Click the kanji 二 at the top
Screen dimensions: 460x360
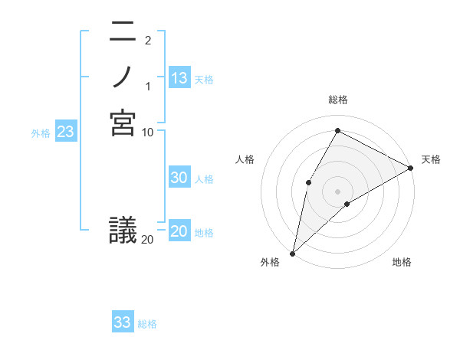pos(123,32)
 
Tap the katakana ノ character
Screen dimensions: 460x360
pos(123,77)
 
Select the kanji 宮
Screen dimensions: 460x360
pos(123,123)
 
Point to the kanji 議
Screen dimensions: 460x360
pos(123,230)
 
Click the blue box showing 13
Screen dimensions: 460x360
pos(179,78)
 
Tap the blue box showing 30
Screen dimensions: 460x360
pos(179,178)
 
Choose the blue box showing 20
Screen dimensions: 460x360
pos(179,231)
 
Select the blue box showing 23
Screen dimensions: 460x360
pos(66,132)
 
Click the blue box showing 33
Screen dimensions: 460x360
pos(123,322)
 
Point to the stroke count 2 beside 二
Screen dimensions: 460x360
pos(147,41)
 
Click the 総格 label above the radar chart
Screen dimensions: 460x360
pos(337,100)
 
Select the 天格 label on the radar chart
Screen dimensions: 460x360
pos(431,159)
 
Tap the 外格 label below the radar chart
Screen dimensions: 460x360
pos(270,262)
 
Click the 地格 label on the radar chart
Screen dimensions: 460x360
pos(402,262)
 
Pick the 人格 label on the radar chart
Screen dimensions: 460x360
pos(245,159)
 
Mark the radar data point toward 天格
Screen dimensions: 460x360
pos(410,168)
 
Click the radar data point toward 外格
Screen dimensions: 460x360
pos(292,253)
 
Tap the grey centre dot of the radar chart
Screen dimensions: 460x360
pos(337,191)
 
